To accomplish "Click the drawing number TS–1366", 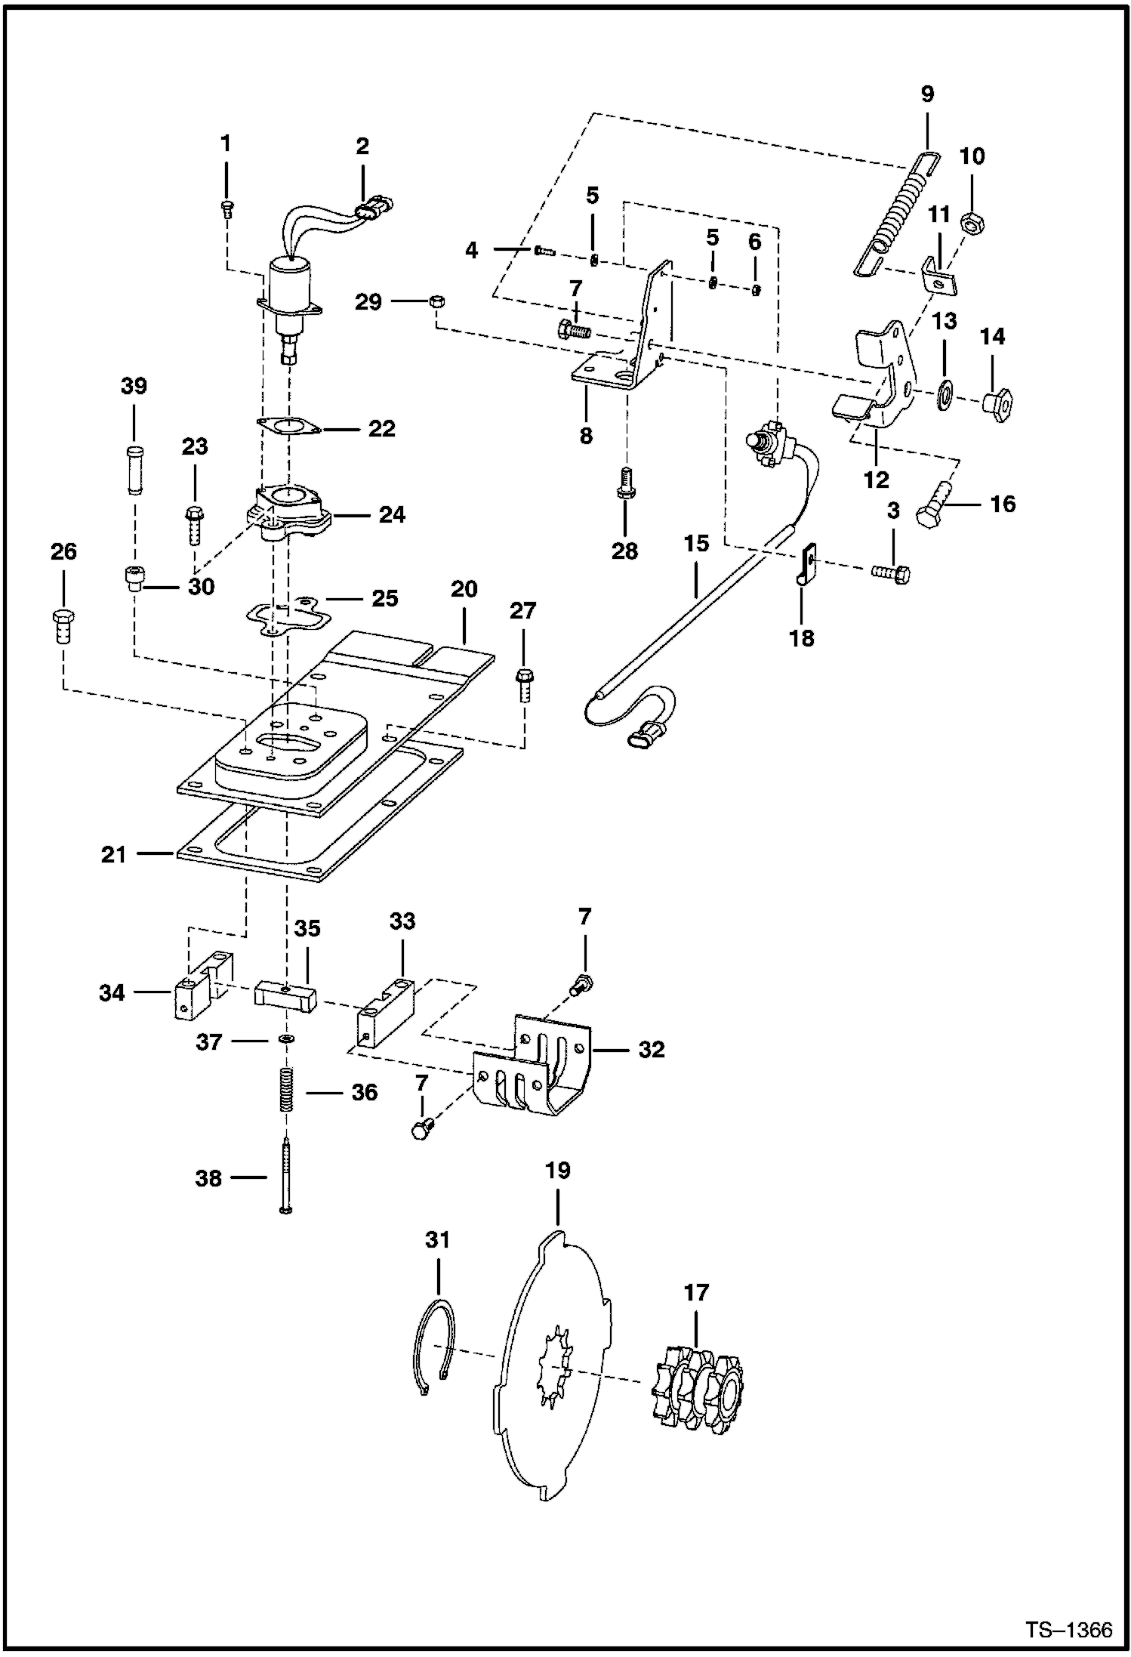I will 1068,1630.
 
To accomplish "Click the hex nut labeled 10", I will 971,223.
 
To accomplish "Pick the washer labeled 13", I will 945,394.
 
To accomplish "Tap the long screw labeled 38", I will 286,1183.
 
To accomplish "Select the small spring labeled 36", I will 286,1089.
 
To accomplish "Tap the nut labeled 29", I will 435,301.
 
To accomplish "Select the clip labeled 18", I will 807,564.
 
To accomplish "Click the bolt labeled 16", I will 932,507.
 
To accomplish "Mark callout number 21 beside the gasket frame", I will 114,855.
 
